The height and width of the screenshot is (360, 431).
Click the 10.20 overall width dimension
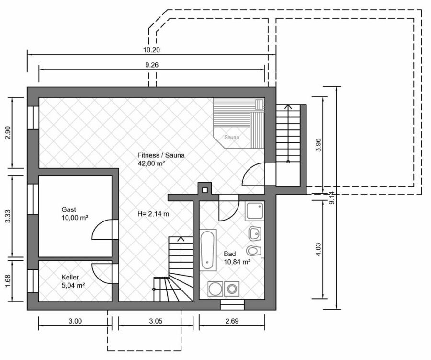151,50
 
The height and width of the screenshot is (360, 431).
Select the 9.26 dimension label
152,65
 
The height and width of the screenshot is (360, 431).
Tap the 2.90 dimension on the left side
8,133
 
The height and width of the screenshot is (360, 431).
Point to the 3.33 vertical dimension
8,217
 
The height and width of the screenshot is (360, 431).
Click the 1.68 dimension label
8,281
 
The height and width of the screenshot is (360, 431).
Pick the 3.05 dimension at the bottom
156,321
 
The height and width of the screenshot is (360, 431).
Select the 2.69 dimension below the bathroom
232,321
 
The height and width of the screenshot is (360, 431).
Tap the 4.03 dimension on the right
318,250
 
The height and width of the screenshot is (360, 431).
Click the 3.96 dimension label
318,145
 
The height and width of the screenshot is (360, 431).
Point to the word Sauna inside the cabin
231,137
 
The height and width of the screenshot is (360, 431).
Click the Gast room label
68,209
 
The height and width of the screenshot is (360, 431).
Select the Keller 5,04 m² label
73,281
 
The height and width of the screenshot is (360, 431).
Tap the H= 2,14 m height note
153,214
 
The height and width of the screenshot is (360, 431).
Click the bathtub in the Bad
207,250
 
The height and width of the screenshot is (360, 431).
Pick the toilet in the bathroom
252,250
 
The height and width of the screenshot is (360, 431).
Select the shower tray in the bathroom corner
255,210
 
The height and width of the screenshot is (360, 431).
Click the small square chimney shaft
204,190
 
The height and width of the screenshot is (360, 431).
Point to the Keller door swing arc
102,273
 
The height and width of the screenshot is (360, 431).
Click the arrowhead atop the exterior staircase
288,107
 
